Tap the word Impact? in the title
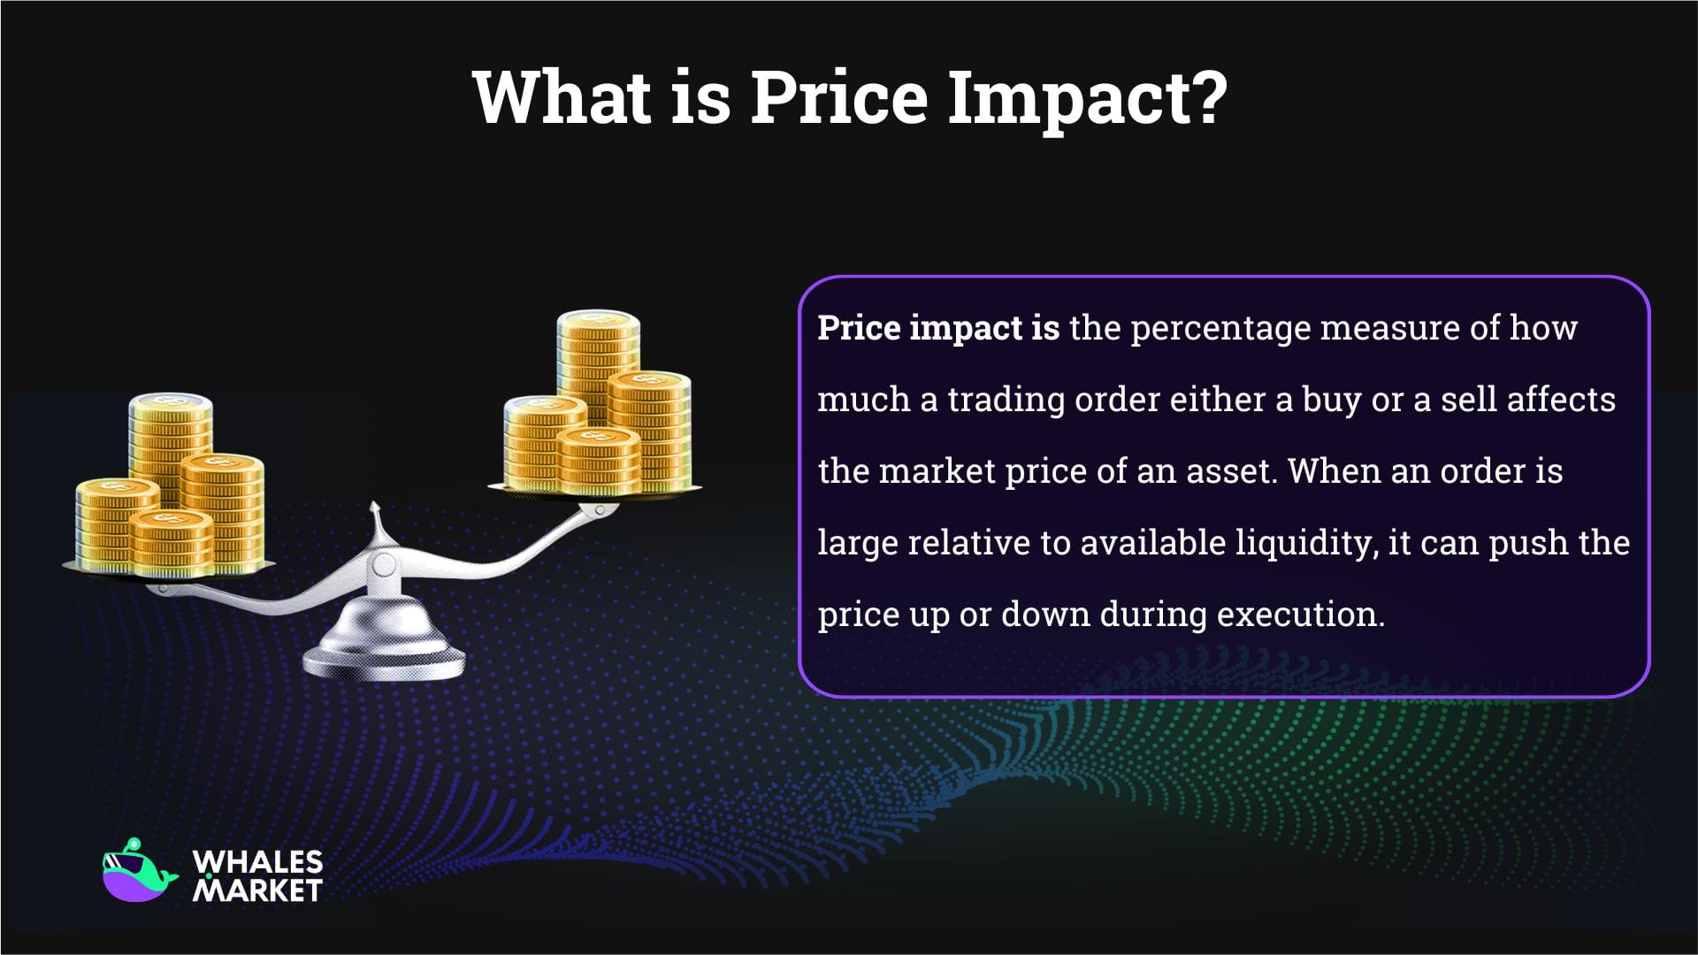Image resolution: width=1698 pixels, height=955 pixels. pyautogui.click(x=1088, y=97)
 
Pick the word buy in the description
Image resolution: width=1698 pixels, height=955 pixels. pyautogui.click(x=1331, y=400)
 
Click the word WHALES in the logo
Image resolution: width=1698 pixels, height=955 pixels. pyautogui.click(x=257, y=861)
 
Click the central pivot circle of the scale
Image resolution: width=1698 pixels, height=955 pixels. pyautogui.click(x=384, y=564)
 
